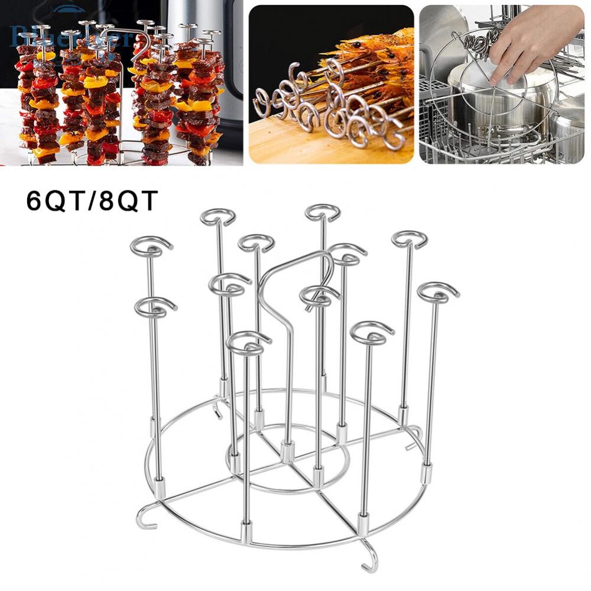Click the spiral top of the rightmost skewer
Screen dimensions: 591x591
pos(438,293)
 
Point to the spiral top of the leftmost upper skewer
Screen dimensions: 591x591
pos(151,246)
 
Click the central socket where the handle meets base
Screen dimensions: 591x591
pos(288,452)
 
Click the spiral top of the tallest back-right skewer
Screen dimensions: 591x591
pos(323,213)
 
